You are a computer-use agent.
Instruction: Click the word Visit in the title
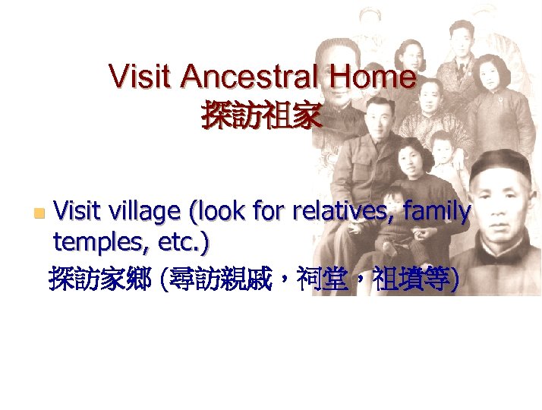(x=142, y=77)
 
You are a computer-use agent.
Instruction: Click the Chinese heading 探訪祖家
(x=261, y=116)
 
